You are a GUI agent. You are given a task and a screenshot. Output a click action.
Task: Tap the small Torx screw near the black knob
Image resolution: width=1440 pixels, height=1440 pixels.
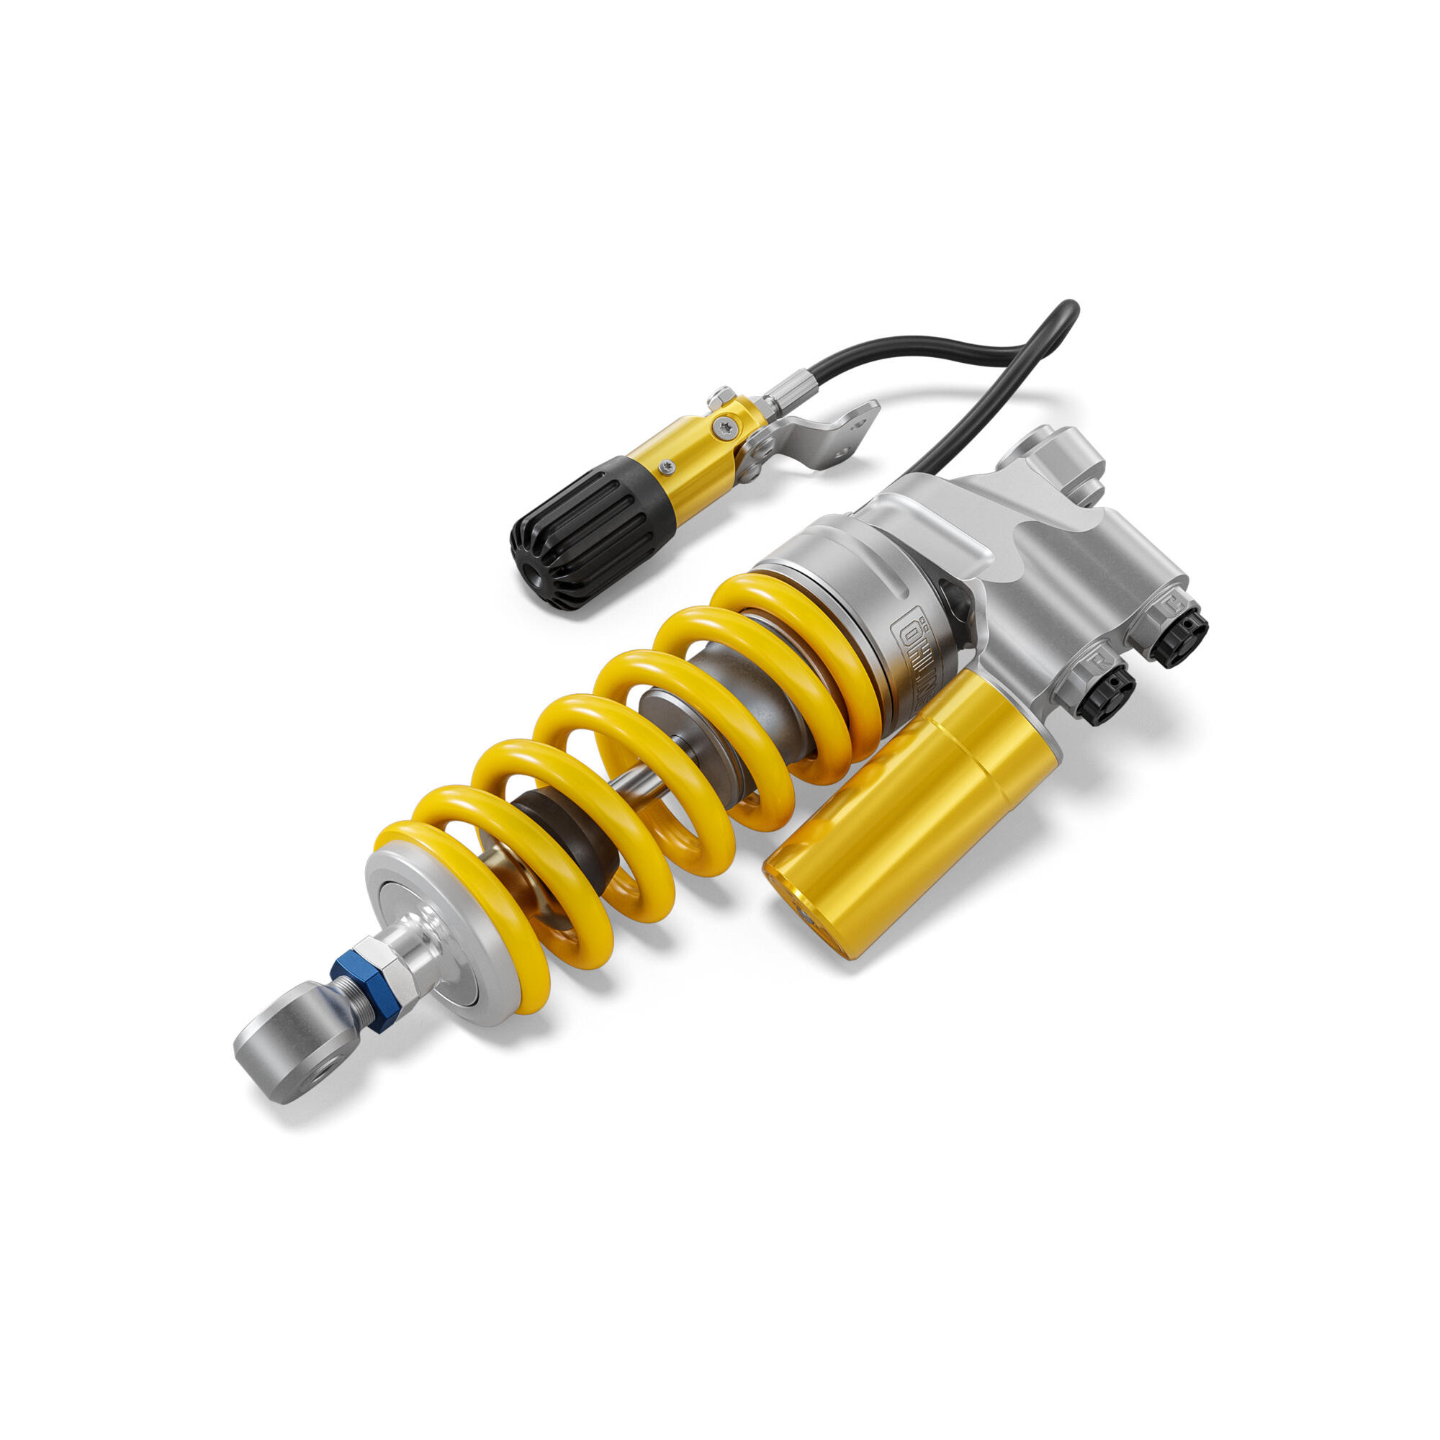point(665,467)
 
